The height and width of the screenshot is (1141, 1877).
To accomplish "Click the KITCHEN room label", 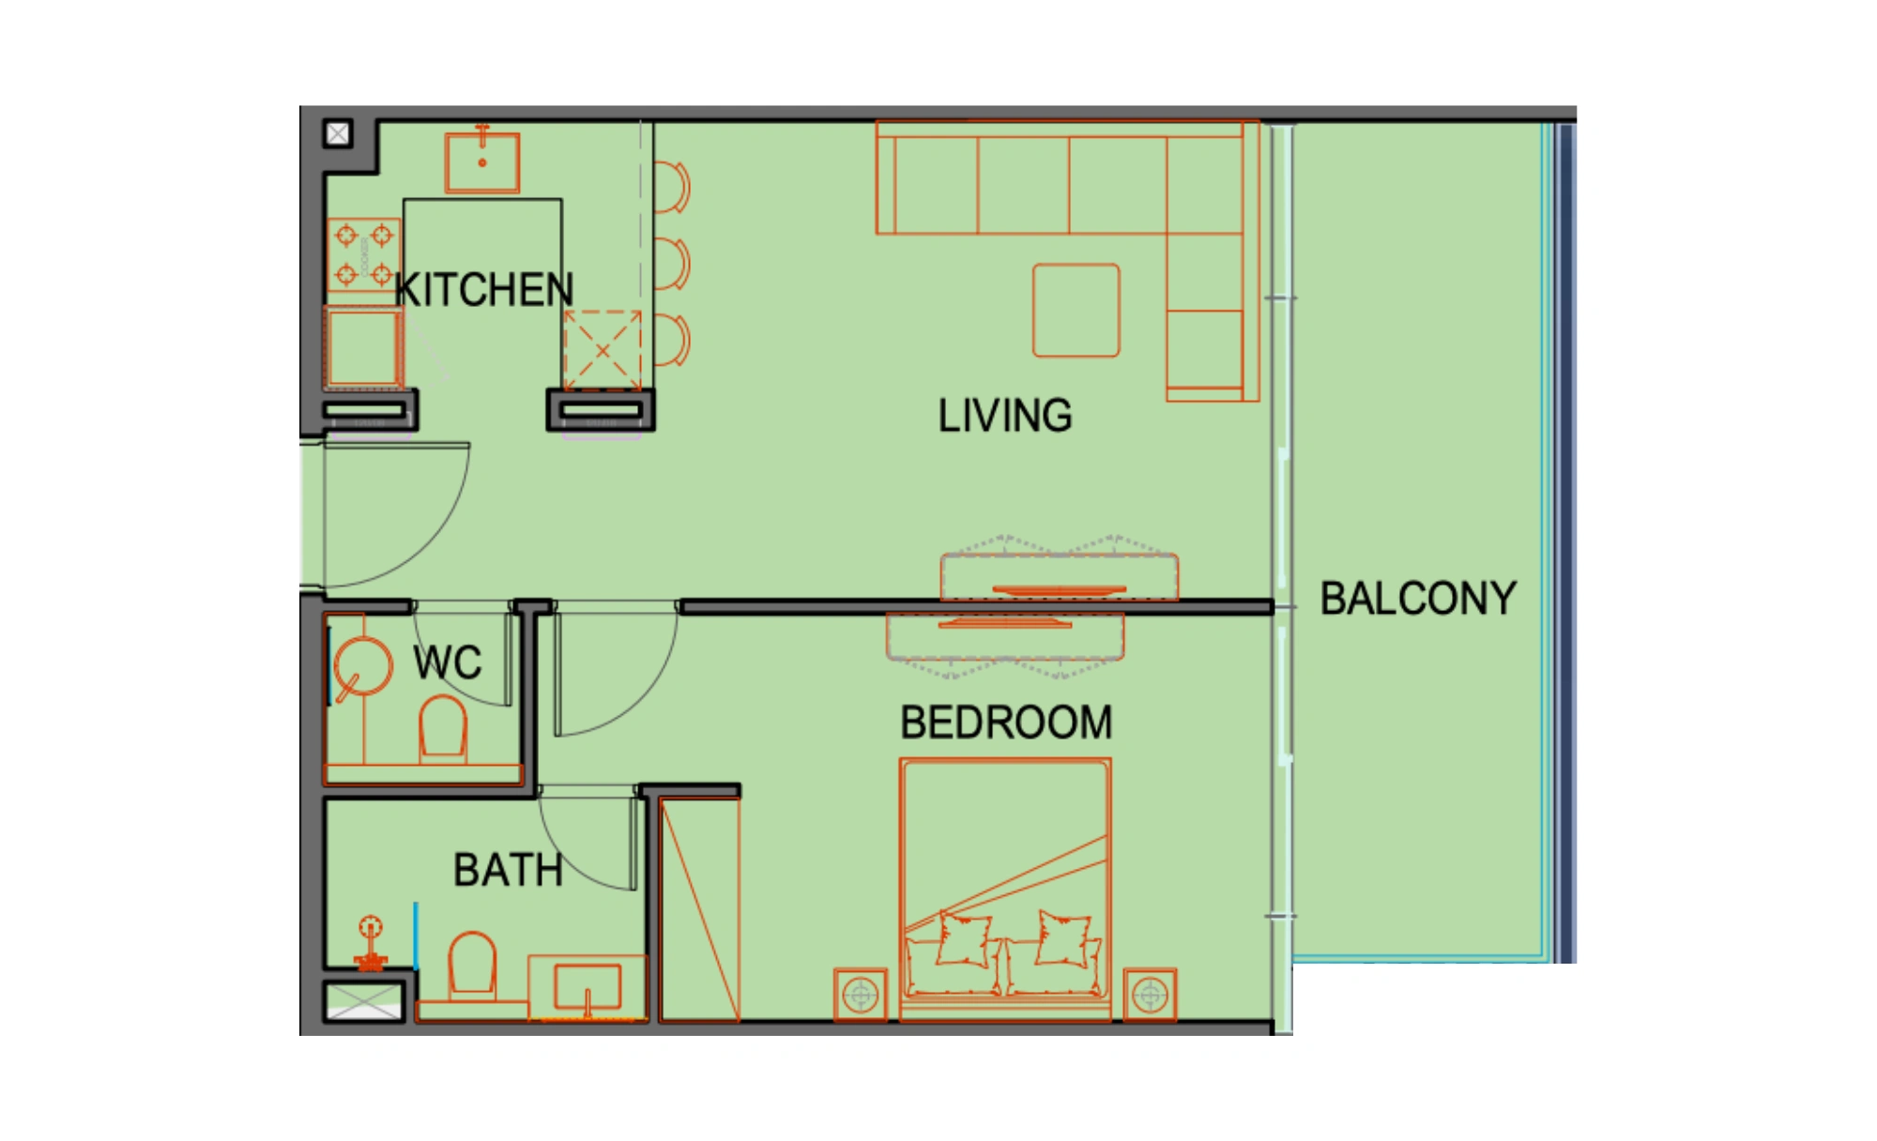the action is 484,290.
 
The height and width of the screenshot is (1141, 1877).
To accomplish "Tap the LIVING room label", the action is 1005,416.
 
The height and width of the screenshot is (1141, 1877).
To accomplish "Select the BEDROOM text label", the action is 1006,723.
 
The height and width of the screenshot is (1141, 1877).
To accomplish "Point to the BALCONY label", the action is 1418,599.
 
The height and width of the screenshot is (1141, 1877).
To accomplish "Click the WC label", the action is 448,662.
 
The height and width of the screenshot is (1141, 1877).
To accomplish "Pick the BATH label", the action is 508,870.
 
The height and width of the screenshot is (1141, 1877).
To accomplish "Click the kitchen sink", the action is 482,161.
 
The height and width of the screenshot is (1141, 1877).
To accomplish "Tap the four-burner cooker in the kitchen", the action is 364,254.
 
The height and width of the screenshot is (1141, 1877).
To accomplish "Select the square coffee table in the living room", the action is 1076,311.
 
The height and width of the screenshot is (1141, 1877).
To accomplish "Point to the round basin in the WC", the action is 362,665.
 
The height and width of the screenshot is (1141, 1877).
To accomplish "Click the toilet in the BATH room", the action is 472,963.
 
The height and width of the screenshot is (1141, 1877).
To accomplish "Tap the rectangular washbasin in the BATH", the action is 588,986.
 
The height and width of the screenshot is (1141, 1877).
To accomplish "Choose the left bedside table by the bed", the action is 861,995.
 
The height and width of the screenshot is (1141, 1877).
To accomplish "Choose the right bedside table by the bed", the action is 1150,995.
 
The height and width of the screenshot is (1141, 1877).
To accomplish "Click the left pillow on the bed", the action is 964,938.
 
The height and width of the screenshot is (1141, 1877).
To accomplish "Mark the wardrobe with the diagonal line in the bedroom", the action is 699,909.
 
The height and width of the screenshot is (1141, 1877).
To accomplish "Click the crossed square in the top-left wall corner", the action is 338,134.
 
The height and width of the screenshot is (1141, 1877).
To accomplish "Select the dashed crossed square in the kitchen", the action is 603,350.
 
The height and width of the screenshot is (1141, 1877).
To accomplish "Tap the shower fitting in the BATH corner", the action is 371,943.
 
